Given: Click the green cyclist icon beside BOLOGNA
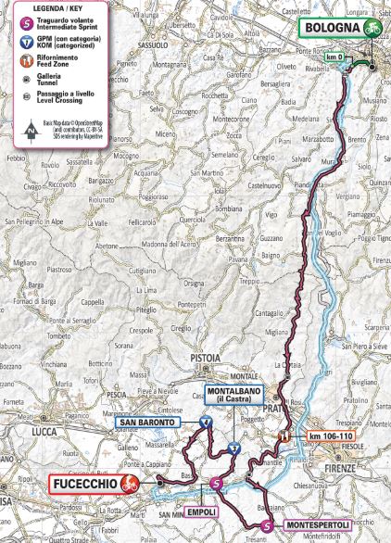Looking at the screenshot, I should click(x=373, y=29).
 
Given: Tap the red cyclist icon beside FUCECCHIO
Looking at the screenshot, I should click(x=131, y=482).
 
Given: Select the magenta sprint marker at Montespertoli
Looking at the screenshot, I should click(x=267, y=525).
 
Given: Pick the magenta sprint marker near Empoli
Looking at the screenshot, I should click(x=215, y=484).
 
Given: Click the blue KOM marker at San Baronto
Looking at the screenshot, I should click(x=206, y=421).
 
